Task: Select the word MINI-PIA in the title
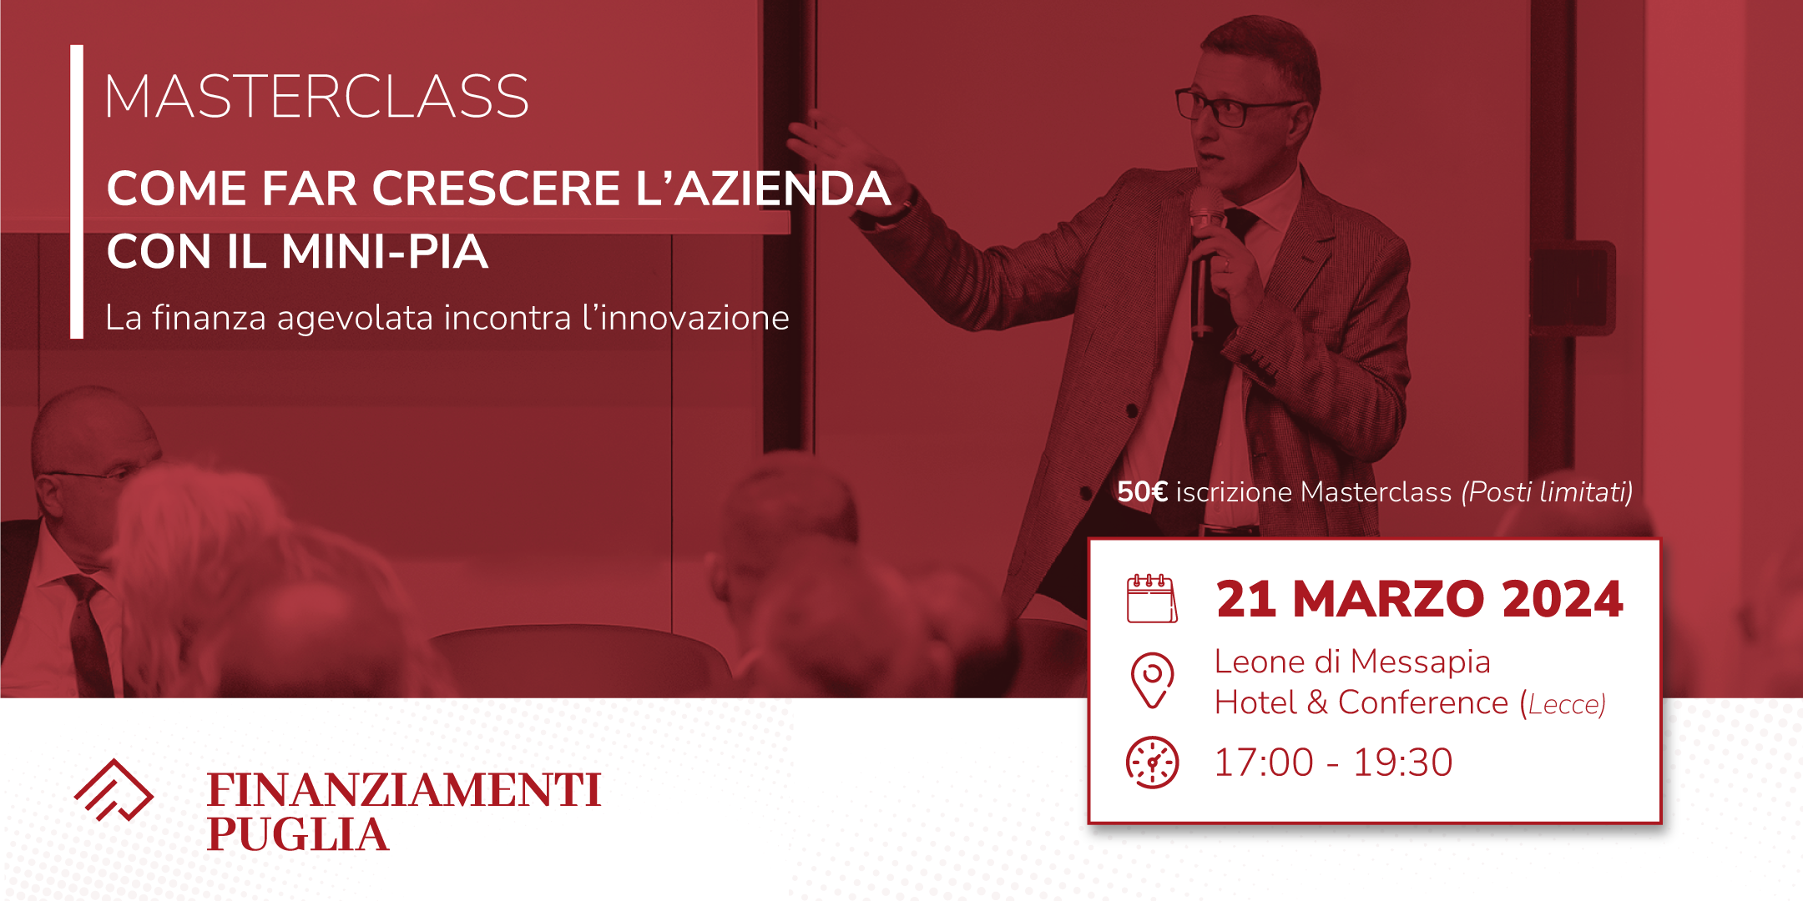point(385,251)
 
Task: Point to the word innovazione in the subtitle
point(685,318)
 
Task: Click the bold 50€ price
point(1142,491)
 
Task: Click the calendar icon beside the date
point(1152,598)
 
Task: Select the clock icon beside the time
point(1153,763)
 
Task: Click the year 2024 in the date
point(1563,599)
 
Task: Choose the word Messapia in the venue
point(1421,662)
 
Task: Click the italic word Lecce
point(1563,704)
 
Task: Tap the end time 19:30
point(1402,763)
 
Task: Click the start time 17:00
point(1264,763)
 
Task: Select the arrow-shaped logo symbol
point(114,790)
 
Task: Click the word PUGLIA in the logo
point(298,834)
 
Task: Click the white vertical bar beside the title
point(77,192)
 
